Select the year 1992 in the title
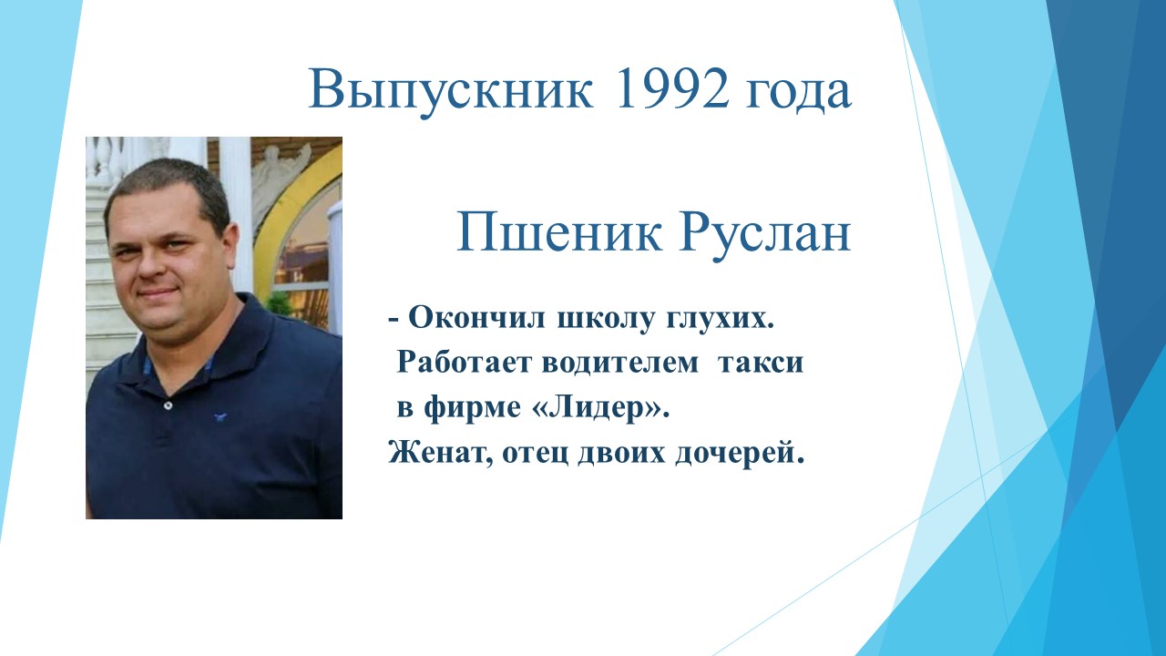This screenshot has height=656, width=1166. [671, 88]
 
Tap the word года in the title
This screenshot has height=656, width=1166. [799, 94]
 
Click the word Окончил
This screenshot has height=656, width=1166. [476, 318]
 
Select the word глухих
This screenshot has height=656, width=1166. [720, 320]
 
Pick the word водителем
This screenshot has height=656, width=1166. [620, 364]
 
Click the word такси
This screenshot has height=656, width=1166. [761, 364]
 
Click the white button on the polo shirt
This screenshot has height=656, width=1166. [168, 405]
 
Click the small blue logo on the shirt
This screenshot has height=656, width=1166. [220, 416]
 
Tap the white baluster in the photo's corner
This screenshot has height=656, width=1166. [102, 159]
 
